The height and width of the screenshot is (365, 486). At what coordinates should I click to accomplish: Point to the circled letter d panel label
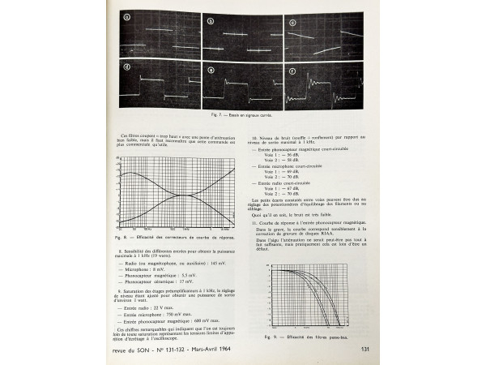126,67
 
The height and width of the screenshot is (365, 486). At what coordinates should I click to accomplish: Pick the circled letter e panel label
211,69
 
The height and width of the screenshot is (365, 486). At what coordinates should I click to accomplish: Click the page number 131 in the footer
365,350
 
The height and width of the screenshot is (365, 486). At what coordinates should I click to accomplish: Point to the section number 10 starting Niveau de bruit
256,139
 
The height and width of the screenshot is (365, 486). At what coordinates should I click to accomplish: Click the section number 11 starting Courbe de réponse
256,221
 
